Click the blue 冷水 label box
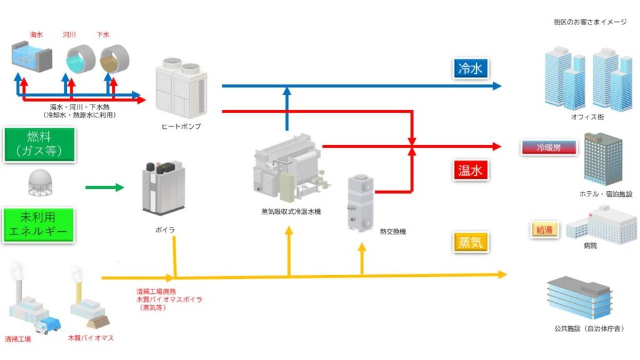(x=470, y=69)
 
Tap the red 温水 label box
(x=470, y=170)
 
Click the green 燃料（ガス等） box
(x=39, y=145)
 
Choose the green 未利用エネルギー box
(x=39, y=226)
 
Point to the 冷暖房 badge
(x=549, y=148)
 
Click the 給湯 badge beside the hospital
(x=545, y=229)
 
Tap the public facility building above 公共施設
(x=579, y=298)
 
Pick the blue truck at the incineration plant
(x=49, y=325)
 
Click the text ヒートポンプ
(x=181, y=126)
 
